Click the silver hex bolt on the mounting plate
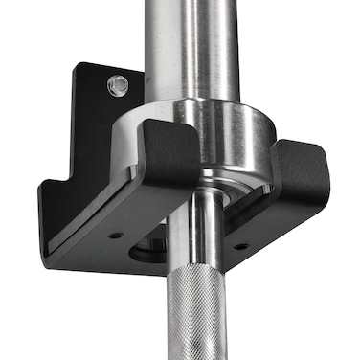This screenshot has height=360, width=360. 117,86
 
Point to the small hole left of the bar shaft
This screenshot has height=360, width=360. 115,234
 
